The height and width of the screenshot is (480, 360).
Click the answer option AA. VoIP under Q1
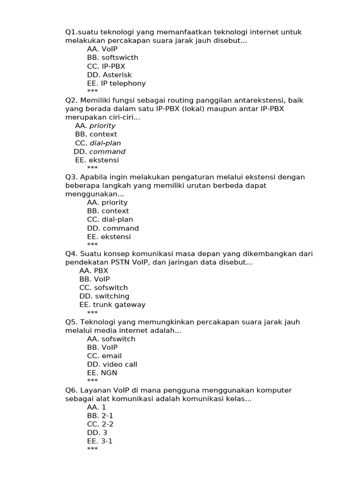(x=102, y=49)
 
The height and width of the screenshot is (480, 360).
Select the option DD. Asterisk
(x=109, y=75)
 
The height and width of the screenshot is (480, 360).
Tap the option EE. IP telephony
(x=116, y=83)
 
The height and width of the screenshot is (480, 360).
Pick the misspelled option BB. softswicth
(x=112, y=58)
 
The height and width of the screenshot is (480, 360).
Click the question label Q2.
(x=72, y=100)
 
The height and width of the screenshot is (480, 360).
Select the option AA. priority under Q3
(x=107, y=202)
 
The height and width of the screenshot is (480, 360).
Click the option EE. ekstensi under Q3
(x=109, y=237)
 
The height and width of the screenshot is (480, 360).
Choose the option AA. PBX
(x=94, y=271)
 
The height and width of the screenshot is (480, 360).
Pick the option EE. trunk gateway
(x=112, y=305)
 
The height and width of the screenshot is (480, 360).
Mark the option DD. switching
(x=105, y=296)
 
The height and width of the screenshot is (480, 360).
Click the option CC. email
(x=105, y=356)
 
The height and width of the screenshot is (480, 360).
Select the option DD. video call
(x=112, y=364)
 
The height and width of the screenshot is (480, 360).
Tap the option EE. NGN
(x=102, y=373)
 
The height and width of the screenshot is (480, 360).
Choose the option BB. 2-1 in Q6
(x=100, y=416)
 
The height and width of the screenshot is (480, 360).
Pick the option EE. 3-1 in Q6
(x=100, y=441)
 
